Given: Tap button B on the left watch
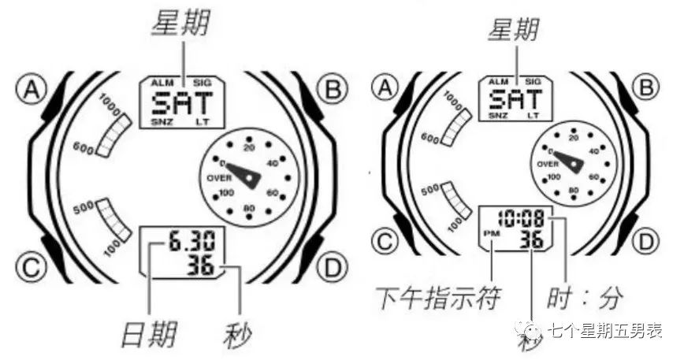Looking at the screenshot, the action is pyautogui.click(x=332, y=91).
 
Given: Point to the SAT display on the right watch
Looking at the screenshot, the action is pyautogui.click(x=515, y=100).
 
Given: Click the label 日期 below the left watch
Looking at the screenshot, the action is pyautogui.click(x=148, y=336).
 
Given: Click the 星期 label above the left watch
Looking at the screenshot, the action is pyautogui.click(x=180, y=26).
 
